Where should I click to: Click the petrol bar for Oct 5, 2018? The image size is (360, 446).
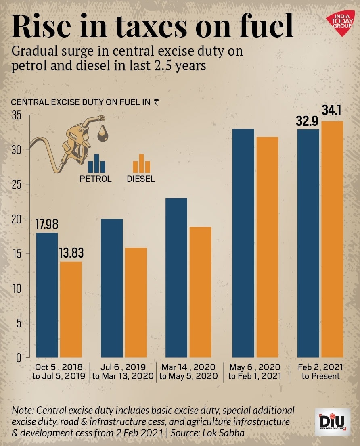[x=48, y=295]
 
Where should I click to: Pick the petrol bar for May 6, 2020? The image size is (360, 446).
[x=243, y=243]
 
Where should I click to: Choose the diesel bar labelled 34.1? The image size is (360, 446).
[x=332, y=239]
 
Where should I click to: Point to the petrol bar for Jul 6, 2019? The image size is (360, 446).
[x=112, y=288]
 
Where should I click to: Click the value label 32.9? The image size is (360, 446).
[x=308, y=121]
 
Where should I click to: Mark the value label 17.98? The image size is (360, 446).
[x=48, y=225]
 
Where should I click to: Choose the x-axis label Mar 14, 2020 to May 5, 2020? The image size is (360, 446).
[x=188, y=372]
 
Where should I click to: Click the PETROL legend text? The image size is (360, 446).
[x=96, y=179]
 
